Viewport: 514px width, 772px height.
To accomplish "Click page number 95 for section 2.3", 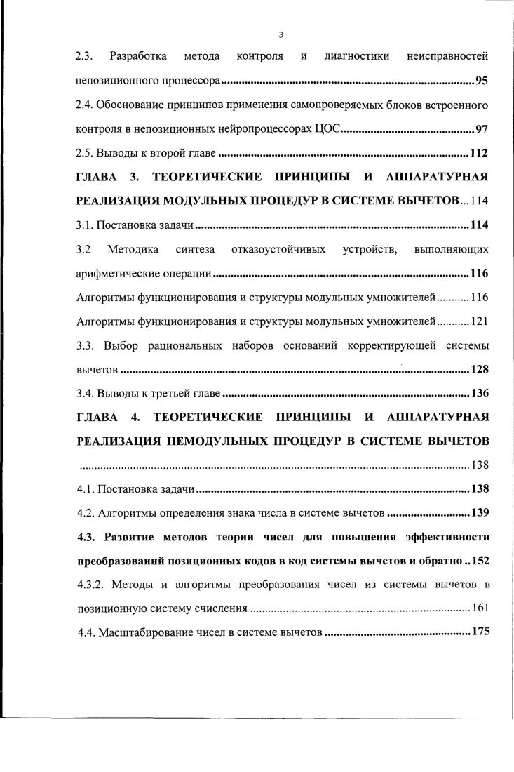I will click(482, 80).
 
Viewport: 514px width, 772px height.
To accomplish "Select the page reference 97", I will click(482, 129).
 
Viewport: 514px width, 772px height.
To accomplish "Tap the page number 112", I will click(479, 154).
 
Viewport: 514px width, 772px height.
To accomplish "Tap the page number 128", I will click(479, 369).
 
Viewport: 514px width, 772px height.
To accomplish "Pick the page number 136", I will click(479, 392).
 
